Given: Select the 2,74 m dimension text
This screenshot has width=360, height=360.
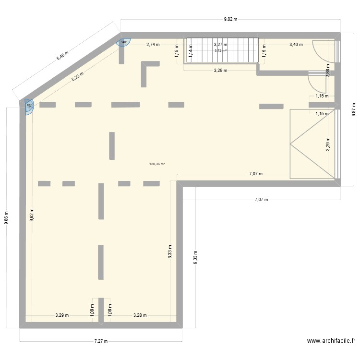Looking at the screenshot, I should (153, 44).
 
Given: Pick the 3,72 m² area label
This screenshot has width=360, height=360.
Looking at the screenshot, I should (221, 50).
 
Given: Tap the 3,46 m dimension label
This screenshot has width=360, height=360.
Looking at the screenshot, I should (296, 44).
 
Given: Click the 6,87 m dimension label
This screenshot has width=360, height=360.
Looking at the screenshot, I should (353, 109).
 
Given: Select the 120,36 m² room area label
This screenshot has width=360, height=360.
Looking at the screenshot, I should (157, 164).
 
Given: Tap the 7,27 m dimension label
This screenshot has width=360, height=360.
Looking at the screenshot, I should (101, 342).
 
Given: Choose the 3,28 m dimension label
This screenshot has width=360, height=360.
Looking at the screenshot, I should (140, 315).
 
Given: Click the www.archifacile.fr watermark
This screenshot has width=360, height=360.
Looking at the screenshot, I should (331, 341).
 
